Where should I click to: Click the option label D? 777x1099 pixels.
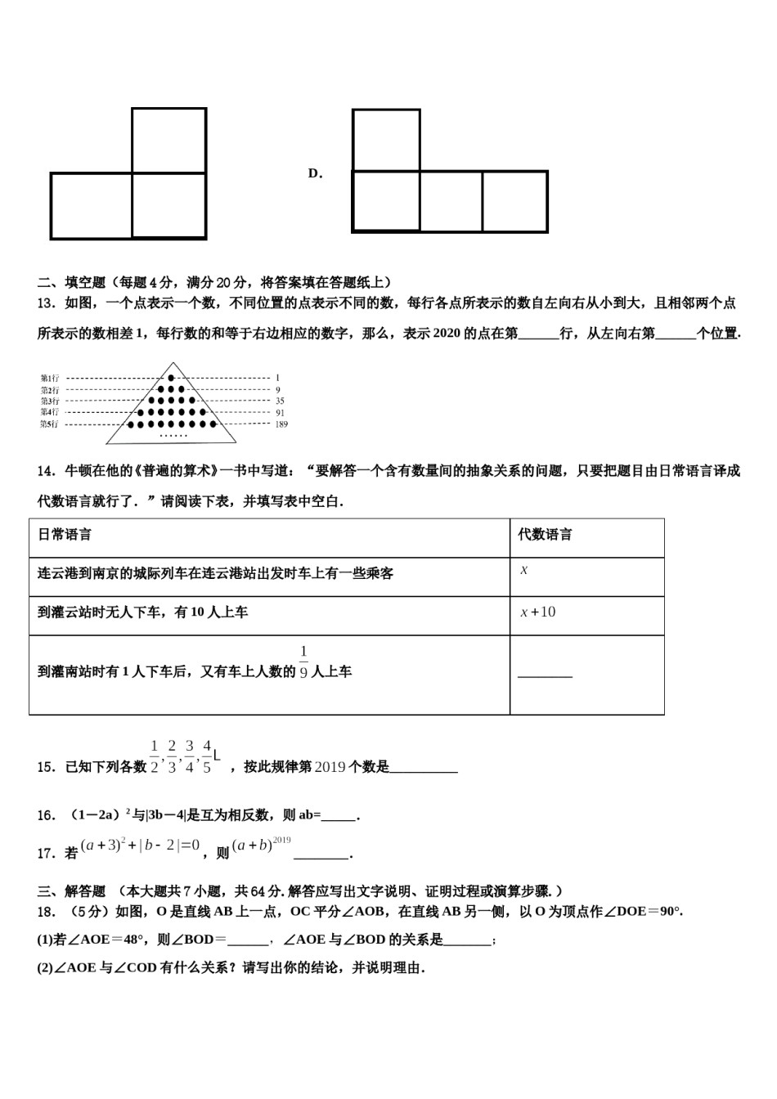click(315, 173)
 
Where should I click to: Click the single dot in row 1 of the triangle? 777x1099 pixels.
click(171, 378)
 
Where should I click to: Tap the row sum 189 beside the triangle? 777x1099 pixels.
click(281, 424)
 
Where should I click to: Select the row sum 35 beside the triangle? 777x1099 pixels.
click(280, 401)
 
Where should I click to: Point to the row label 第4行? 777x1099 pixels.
click(50, 413)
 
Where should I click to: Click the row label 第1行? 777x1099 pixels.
click(50, 378)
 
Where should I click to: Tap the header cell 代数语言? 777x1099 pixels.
click(546, 535)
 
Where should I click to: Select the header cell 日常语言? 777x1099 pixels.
click(65, 535)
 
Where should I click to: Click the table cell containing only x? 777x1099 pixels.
click(524, 570)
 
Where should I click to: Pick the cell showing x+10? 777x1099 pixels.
click(538, 612)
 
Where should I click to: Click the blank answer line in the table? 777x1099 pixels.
click(545, 675)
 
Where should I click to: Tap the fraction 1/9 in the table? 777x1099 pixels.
click(303, 663)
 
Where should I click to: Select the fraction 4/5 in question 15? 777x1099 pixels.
click(207, 756)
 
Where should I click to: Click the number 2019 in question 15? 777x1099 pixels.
click(330, 767)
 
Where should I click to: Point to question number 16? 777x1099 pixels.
click(47, 815)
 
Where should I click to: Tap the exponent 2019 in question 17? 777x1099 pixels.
click(282, 841)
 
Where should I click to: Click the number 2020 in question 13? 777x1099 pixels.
click(447, 334)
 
